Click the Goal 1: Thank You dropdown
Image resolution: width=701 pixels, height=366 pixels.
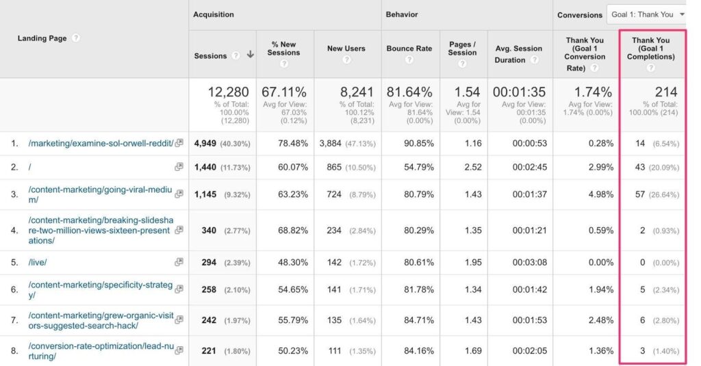click(646, 14)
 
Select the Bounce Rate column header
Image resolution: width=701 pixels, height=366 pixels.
click(409, 49)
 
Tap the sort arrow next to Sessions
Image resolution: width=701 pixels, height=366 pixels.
click(250, 55)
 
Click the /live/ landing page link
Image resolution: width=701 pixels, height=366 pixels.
click(38, 263)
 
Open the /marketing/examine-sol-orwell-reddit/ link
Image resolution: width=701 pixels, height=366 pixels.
click(101, 144)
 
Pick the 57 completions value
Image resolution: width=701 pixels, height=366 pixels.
click(640, 194)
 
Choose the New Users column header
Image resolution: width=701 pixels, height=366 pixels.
click(346, 49)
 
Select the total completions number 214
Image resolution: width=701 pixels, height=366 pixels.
click(665, 92)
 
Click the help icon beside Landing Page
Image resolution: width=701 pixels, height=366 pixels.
click(75, 38)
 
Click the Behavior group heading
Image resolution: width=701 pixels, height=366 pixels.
click(402, 14)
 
